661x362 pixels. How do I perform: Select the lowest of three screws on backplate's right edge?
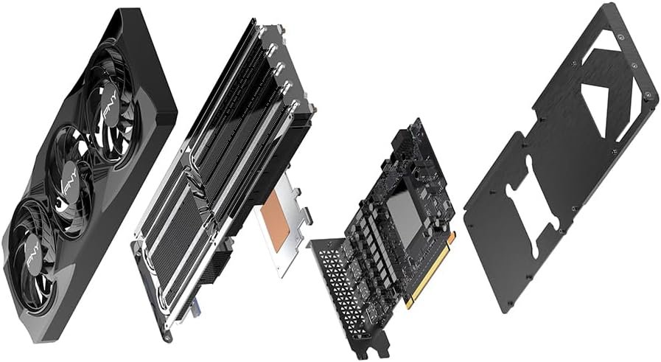(x=648, y=98)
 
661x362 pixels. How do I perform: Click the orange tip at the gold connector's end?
(x=452, y=237)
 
